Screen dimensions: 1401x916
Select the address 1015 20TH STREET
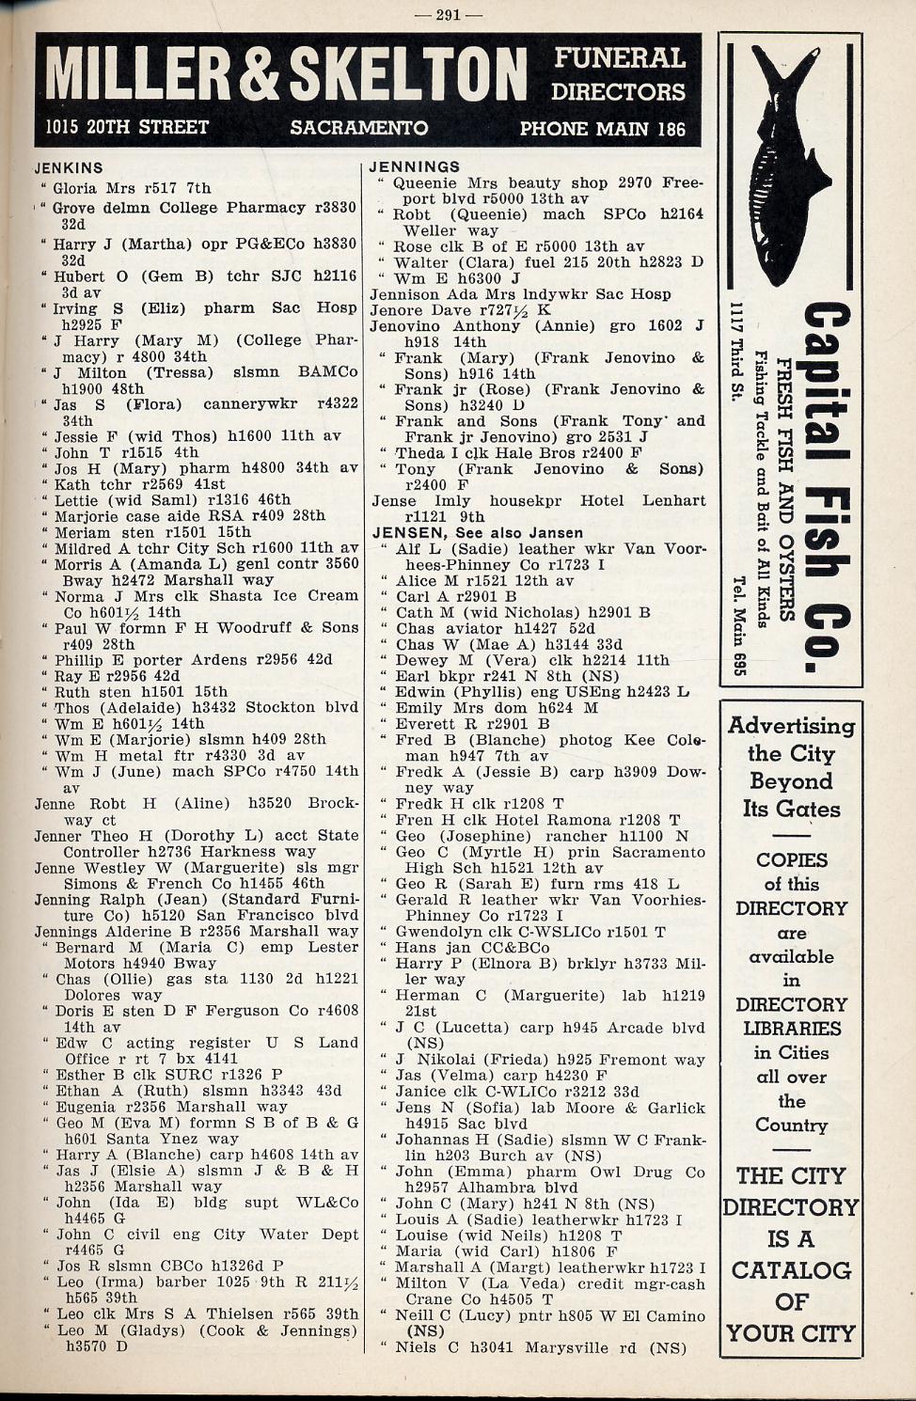(x=127, y=127)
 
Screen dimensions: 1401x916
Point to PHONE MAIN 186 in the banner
(x=603, y=129)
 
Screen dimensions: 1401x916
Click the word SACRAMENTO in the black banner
(x=358, y=128)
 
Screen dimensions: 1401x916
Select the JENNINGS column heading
(x=415, y=167)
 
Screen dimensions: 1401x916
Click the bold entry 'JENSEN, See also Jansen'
(x=477, y=533)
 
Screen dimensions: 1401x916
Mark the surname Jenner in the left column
(x=59, y=835)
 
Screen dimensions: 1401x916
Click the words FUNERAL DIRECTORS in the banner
(x=619, y=75)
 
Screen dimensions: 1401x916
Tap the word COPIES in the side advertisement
(x=791, y=860)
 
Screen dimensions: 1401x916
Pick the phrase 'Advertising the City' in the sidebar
(x=791, y=739)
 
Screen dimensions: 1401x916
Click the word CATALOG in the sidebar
(x=790, y=1270)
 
